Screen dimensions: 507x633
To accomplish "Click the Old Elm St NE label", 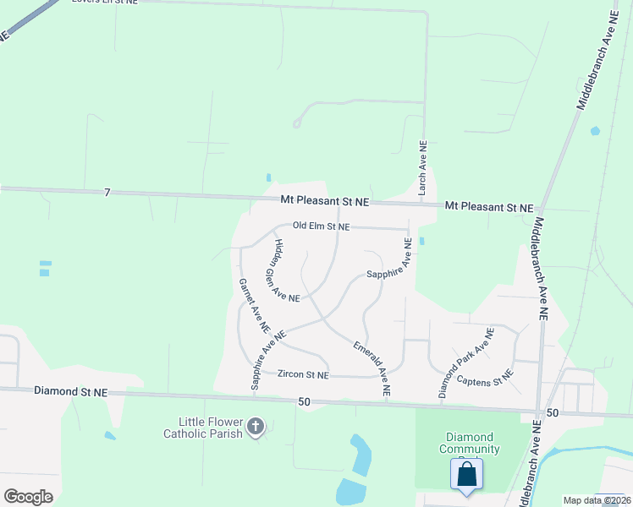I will [x=321, y=226].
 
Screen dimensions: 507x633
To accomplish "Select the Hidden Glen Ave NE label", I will [x=286, y=270].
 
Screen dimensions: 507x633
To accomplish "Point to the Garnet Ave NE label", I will [x=253, y=304].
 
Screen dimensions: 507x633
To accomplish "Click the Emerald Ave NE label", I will [x=372, y=369].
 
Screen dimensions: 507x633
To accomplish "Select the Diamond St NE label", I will [x=71, y=391].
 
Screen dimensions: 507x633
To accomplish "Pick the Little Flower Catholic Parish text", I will [x=210, y=428].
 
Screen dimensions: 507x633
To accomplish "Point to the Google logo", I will [x=29, y=497].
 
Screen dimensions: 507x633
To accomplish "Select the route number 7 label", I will [x=107, y=193].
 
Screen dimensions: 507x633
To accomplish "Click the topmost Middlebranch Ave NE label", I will [x=597, y=61].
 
